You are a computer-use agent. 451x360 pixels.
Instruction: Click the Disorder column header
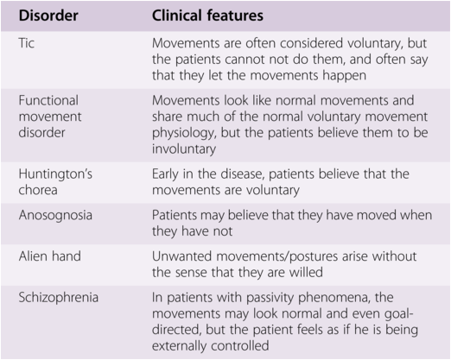(48, 16)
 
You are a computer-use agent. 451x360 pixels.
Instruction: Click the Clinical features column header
(207, 16)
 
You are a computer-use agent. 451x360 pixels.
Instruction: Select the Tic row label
(27, 43)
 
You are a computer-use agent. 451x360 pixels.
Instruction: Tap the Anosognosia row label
(55, 216)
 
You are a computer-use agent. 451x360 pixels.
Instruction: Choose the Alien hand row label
(50, 256)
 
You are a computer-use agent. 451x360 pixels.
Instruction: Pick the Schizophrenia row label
(59, 297)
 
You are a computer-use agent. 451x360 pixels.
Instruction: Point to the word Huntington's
(55, 174)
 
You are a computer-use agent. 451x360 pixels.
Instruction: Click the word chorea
(38, 190)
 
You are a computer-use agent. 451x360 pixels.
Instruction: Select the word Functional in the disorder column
(48, 100)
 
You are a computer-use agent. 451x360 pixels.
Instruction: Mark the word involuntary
(184, 149)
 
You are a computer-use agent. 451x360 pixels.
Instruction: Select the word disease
(243, 174)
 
